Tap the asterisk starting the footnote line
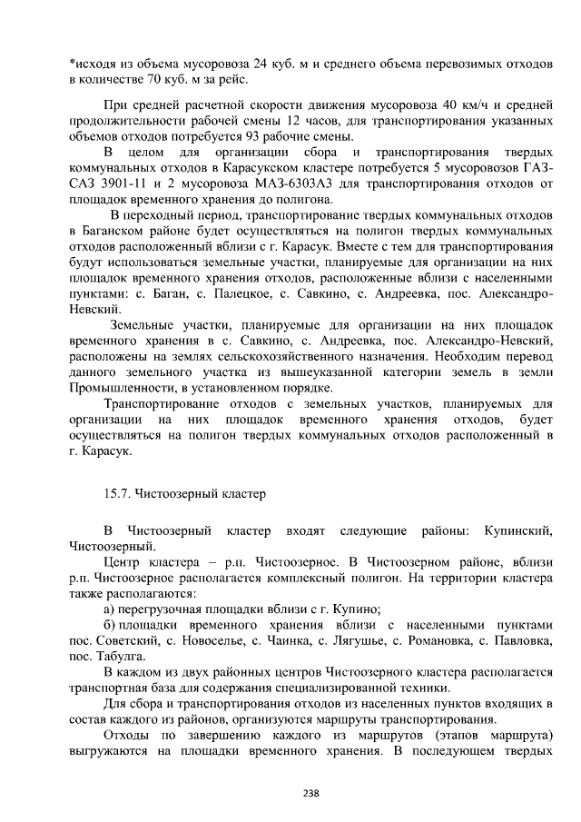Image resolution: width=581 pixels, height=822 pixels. (73, 64)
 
